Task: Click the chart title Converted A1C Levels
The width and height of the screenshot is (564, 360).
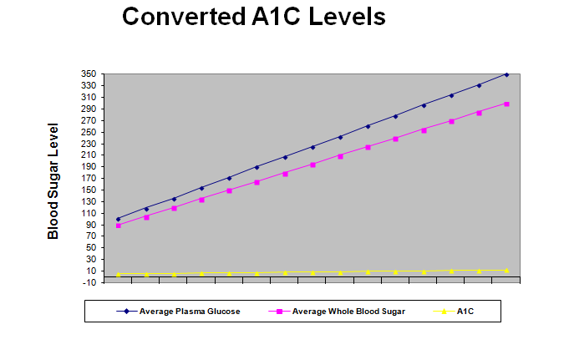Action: pos(254,17)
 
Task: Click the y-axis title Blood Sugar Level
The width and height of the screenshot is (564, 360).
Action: pos(53,181)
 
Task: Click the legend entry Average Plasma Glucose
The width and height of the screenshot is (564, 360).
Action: pos(190,312)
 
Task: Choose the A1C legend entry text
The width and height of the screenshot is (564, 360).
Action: pos(467,312)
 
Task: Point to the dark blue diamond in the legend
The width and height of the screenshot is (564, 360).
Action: pos(126,312)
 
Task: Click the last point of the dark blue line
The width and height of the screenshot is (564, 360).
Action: pos(506,74)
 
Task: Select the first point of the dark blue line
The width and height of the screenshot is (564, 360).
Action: pos(119,219)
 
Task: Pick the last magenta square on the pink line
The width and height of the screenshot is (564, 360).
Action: pos(506,104)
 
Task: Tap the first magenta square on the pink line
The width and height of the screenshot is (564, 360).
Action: pos(119,226)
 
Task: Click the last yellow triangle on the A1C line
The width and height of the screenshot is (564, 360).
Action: pos(506,270)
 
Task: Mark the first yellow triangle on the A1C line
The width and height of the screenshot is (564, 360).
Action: pos(119,274)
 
